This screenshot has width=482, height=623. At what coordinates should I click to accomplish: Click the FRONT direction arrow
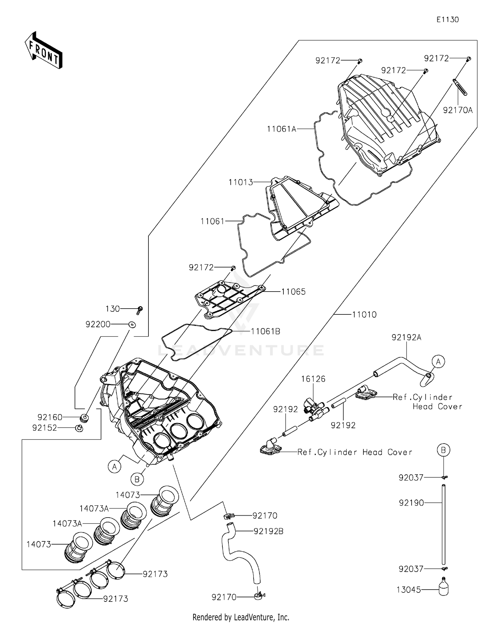coord(43,50)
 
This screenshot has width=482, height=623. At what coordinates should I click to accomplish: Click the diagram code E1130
coord(447,20)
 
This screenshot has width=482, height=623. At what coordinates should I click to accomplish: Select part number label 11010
coord(364,314)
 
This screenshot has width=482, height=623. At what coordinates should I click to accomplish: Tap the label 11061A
coord(281,129)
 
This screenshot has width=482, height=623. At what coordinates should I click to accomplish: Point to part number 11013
coord(241,182)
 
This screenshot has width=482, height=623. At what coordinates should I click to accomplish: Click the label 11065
coord(293,292)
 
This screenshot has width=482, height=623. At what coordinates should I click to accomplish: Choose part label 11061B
coord(265,331)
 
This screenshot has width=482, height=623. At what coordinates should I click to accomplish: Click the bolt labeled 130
coord(139,310)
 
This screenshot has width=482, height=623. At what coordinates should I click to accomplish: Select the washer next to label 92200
coord(132,324)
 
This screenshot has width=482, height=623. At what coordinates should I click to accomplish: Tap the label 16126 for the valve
coord(313,379)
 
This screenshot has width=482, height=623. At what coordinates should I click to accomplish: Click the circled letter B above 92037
coord(443,450)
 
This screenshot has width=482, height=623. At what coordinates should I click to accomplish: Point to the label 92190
coord(411,502)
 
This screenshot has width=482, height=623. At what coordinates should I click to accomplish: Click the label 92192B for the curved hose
coord(268,531)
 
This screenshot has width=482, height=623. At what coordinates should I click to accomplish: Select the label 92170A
coord(458,110)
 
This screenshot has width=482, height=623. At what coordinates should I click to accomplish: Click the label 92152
coord(44,428)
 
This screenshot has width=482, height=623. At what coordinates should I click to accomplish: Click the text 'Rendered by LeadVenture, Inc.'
coord(241,617)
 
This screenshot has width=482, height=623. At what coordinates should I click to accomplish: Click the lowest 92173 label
coord(115,599)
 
